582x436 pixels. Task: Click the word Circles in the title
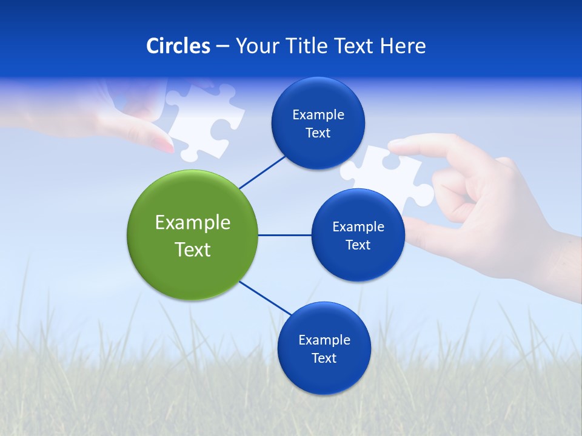(x=178, y=46)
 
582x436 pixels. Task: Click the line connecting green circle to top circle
(x=262, y=172)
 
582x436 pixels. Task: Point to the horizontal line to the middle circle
(x=285, y=235)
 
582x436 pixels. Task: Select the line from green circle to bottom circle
(x=265, y=299)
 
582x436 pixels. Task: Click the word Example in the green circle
(x=193, y=223)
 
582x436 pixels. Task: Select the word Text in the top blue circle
(x=318, y=133)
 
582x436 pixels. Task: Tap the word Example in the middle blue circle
(x=358, y=227)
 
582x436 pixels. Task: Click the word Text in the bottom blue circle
(x=324, y=358)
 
